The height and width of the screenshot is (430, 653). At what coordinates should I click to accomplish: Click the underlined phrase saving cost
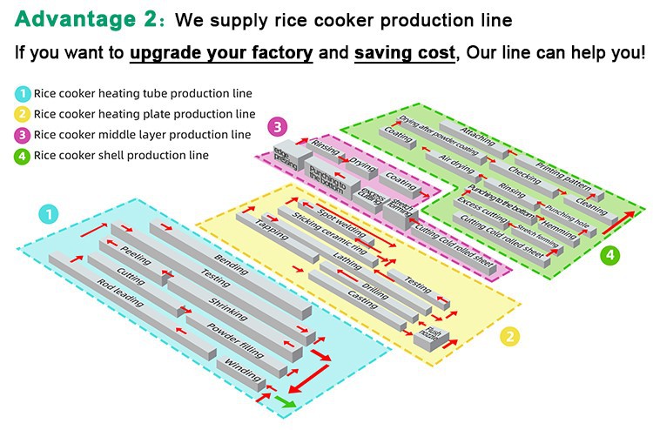[404, 51]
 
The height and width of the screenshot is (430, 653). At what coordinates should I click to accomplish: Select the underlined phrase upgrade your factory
[221, 51]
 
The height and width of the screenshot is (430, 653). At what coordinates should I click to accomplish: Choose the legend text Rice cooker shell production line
[121, 156]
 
